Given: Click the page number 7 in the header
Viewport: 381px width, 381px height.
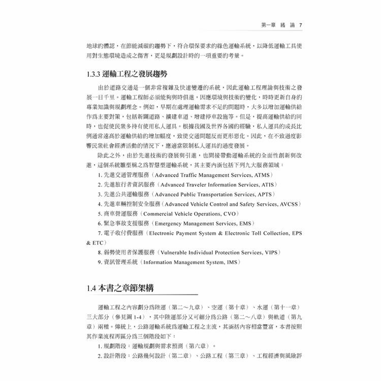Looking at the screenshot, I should pos(301,24).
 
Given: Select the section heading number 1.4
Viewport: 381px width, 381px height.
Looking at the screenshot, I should pos(91,288).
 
